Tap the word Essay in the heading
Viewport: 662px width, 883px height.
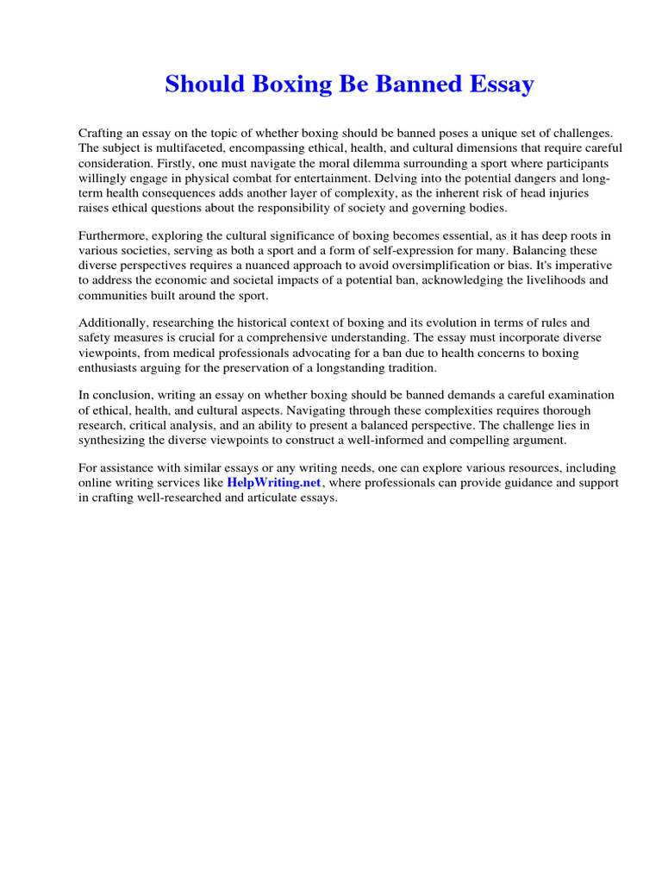pyautogui.click(x=502, y=85)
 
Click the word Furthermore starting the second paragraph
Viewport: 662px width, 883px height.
pyautogui.click(x=115, y=235)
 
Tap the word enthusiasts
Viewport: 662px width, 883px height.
pyautogui.click(x=109, y=368)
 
